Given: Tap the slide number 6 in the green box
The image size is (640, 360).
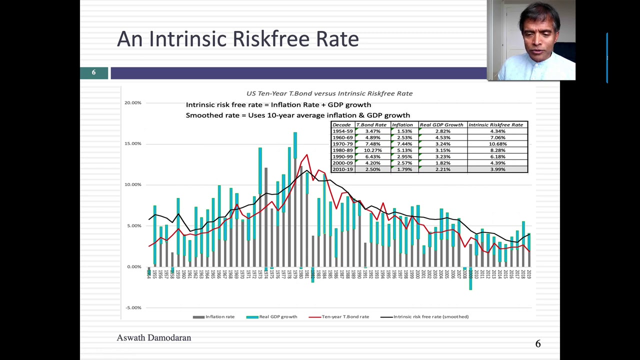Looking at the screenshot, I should point(93,73).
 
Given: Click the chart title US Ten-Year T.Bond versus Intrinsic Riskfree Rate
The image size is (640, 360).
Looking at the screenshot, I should point(329,93).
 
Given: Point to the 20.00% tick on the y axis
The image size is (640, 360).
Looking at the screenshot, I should point(133,103).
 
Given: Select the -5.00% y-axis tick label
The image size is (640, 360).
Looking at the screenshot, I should point(133,308).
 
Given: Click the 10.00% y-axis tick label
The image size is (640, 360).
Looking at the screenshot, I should point(133,185).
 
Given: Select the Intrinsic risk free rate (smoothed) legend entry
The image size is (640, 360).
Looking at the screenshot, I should point(424,317).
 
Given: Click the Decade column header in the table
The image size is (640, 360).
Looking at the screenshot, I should point(342,125).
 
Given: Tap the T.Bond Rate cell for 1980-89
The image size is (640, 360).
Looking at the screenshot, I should point(372,150).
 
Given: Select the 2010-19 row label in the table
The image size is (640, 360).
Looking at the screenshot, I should point(342,169).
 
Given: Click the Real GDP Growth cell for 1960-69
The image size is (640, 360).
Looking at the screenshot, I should point(442,137).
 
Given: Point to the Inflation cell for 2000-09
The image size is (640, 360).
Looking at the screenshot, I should point(404,163).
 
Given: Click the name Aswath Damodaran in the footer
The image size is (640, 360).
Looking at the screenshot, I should point(153,338).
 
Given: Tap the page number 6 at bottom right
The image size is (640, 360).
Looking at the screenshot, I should point(538,344).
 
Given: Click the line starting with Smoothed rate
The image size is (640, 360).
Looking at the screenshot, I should point(297,115).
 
